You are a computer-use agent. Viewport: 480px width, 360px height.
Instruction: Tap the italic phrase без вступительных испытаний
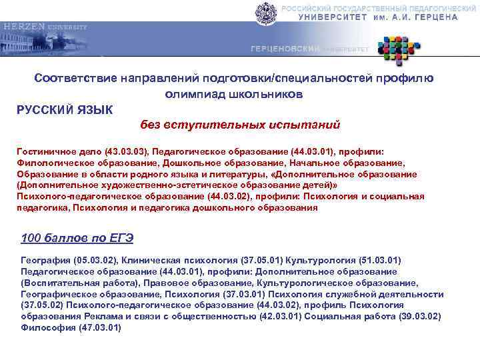pos(240,125)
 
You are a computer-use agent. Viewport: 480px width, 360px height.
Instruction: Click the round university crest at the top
pos(265,13)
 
